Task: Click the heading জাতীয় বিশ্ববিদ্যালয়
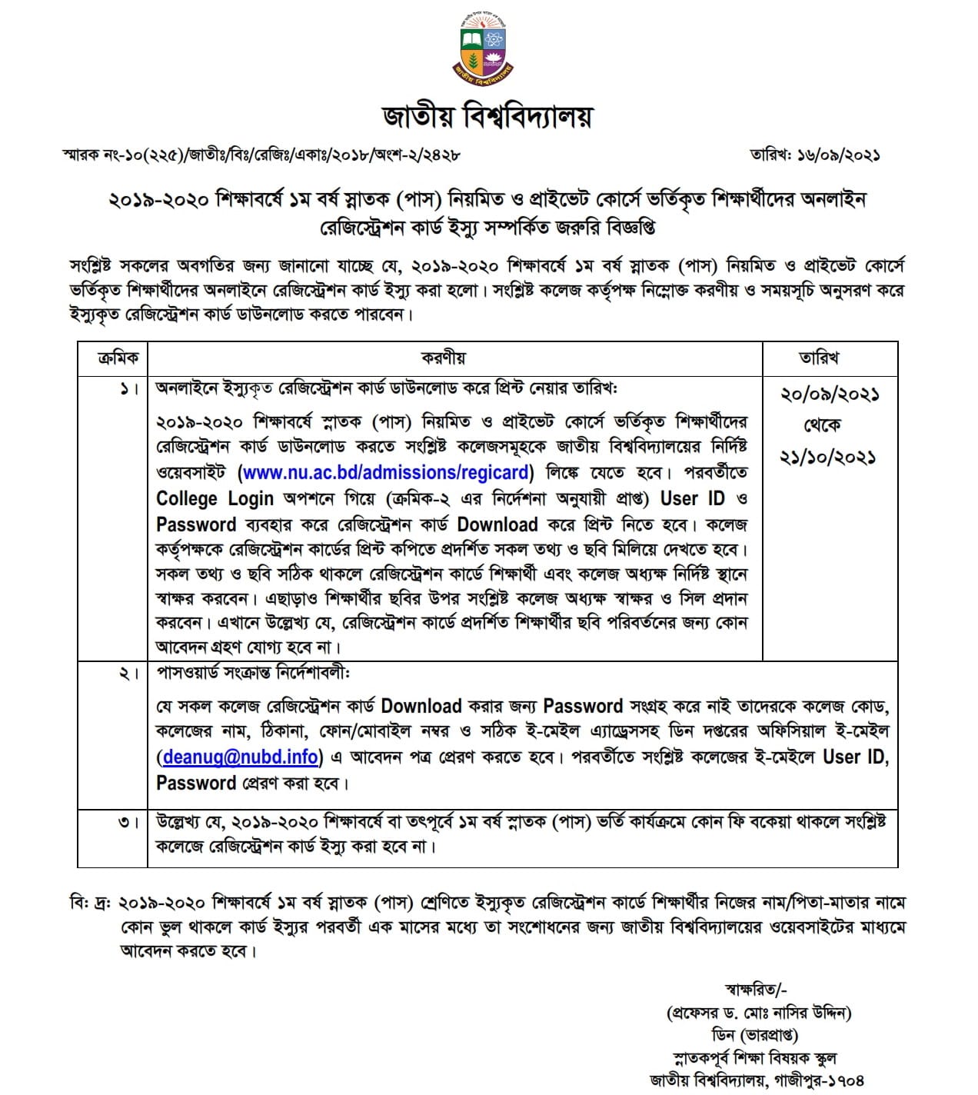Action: (488, 116)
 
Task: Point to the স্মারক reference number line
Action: (261, 155)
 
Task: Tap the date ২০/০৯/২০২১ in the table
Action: (829, 394)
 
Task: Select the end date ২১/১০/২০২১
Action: (829, 457)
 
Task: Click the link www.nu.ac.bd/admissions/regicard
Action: (387, 472)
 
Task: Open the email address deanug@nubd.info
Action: (241, 757)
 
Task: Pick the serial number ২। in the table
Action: (128, 674)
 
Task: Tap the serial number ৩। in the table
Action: (128, 822)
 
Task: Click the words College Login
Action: (215, 499)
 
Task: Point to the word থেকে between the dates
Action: (822, 425)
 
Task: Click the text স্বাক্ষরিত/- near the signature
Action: (756, 990)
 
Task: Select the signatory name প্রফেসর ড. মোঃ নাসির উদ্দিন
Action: (758, 1013)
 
